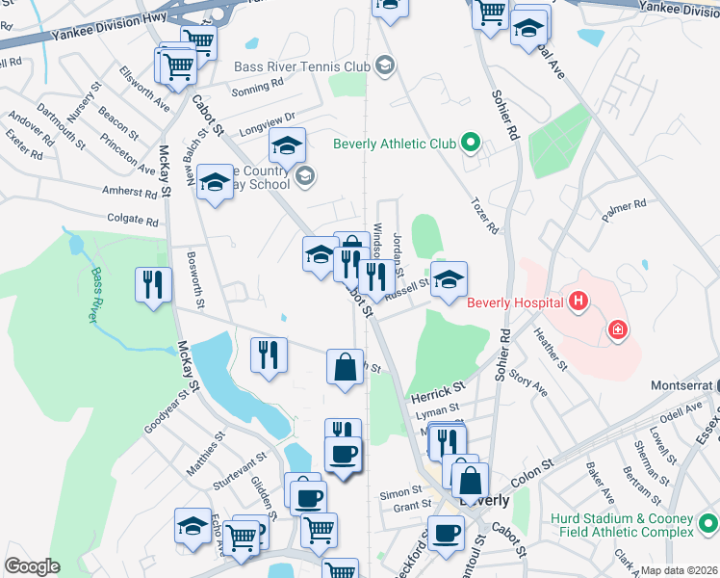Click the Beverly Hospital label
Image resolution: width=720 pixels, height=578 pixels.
click(x=515, y=302)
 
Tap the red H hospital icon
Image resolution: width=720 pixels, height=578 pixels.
click(x=578, y=302)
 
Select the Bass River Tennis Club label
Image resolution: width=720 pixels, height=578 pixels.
click(x=302, y=66)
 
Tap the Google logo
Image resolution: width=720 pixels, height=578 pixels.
click(x=32, y=566)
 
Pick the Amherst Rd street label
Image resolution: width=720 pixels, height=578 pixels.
click(x=129, y=192)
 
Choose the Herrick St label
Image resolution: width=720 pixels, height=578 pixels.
click(x=438, y=391)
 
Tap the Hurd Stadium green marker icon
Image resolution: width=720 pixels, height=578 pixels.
click(x=708, y=524)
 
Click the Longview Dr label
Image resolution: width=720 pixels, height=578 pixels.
click(x=265, y=125)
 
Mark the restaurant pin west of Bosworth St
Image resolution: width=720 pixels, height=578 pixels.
click(x=154, y=285)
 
